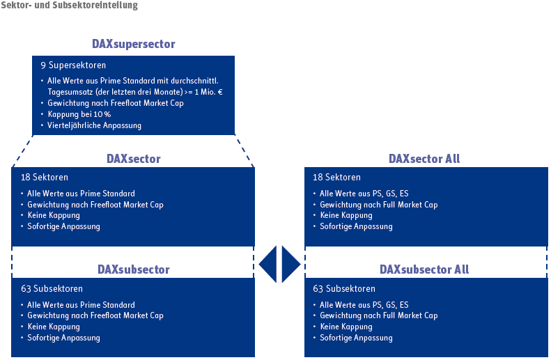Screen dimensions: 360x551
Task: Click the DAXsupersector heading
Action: [x=133, y=44]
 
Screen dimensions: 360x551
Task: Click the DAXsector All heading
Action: [x=424, y=159]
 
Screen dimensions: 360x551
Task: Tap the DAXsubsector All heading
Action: [x=424, y=269]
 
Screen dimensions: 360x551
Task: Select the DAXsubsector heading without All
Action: [x=133, y=269]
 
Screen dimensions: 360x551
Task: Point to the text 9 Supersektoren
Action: [x=73, y=65]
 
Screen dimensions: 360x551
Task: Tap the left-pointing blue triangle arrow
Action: [x=268, y=264]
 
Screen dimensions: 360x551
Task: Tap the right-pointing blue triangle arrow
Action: [x=290, y=264]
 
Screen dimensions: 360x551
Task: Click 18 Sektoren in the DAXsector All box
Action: [x=337, y=178]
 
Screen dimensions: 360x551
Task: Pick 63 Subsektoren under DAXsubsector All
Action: [x=344, y=289]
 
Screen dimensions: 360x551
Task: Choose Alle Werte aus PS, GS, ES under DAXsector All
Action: [x=364, y=194]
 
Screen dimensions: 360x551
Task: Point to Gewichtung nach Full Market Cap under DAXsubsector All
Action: [x=378, y=315]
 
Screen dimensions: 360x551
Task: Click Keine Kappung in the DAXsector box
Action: [x=54, y=215]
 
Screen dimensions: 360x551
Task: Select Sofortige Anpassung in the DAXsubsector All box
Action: [x=356, y=338]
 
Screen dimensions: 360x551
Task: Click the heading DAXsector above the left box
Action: [x=133, y=159]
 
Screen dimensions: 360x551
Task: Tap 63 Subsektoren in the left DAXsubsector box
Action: [x=52, y=289]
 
